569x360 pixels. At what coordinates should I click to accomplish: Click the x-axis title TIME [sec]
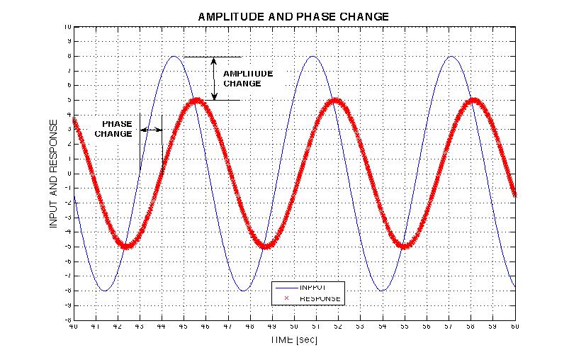[293, 340]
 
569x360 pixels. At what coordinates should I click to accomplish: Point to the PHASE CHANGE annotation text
[113, 128]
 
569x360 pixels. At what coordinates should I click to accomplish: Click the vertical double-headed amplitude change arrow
[214, 78]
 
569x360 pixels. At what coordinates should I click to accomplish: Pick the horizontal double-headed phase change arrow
[151, 129]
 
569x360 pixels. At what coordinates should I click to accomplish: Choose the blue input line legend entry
[310, 288]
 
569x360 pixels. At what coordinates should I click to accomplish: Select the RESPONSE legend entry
[310, 299]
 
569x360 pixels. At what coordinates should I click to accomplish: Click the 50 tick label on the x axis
[293, 327]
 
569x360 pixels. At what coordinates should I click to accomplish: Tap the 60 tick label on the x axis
[514, 327]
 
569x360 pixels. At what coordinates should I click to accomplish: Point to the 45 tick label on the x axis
[183, 327]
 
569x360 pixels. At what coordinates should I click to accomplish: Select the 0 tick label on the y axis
[69, 174]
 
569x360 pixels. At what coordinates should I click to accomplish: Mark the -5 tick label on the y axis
[67, 247]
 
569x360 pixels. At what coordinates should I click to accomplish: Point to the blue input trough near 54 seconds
[382, 291]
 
